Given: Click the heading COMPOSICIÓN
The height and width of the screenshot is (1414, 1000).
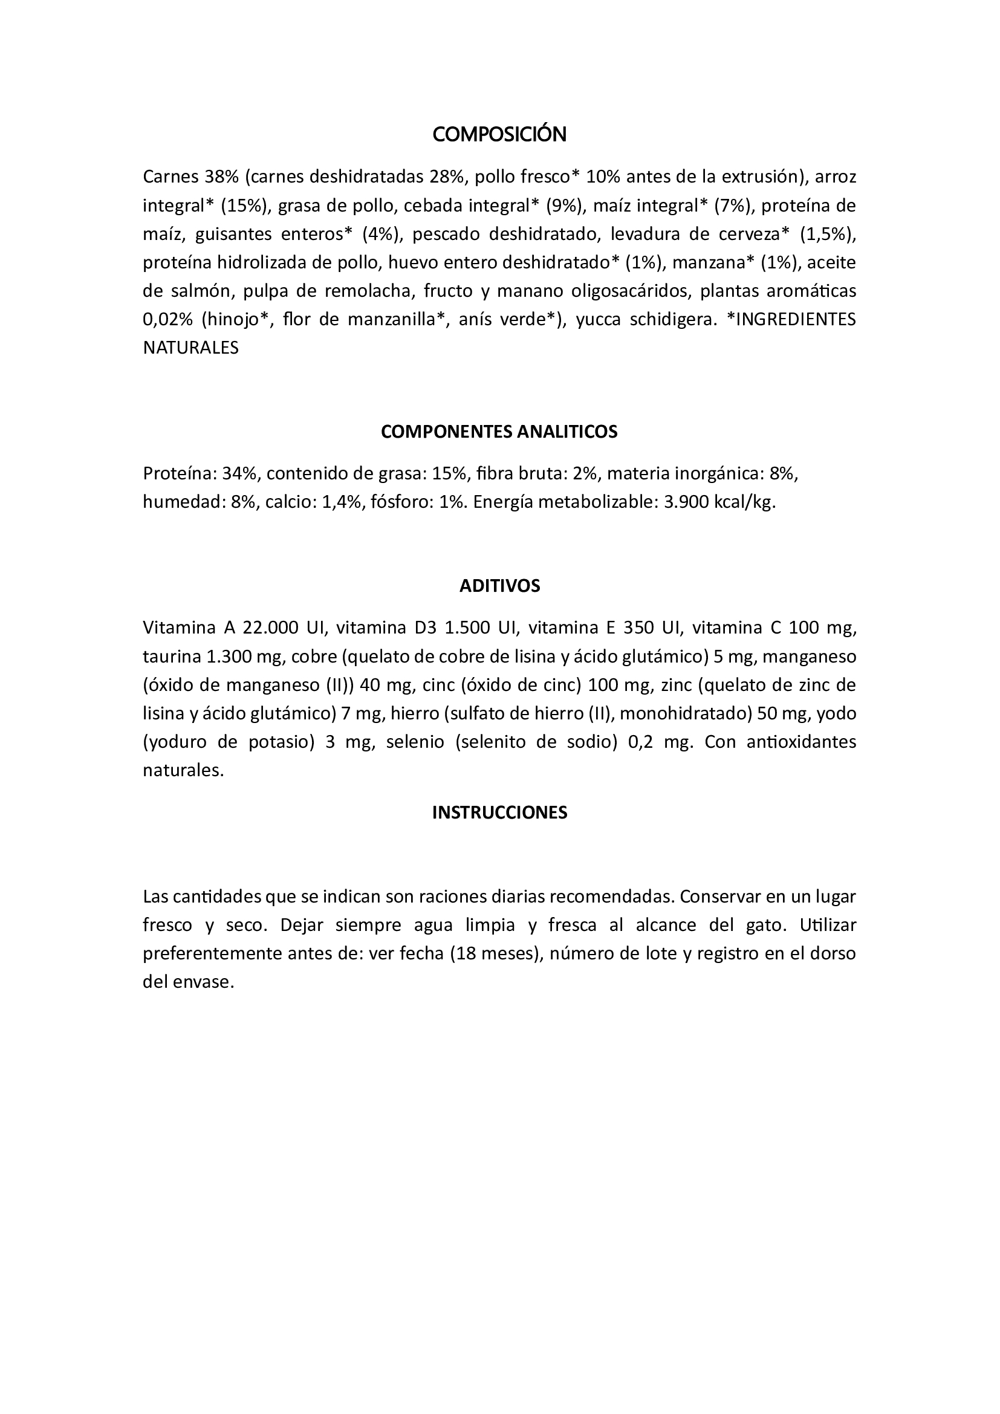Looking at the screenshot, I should pyautogui.click(x=499, y=134).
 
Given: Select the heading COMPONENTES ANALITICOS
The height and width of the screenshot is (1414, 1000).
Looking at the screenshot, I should pyautogui.click(x=499, y=432).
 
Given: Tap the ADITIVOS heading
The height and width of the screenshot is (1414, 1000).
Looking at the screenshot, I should pyautogui.click(x=499, y=586).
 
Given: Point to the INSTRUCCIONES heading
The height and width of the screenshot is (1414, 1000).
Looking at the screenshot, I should pyautogui.click(x=499, y=812).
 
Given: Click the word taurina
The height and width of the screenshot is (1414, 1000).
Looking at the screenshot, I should pyautogui.click(x=172, y=657).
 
